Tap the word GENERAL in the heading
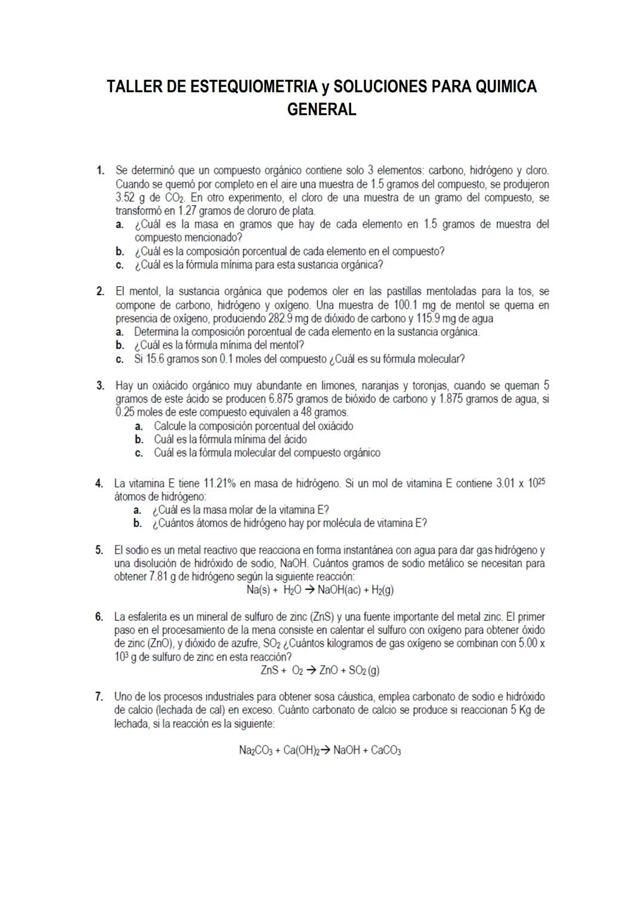[x=321, y=110]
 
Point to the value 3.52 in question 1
[x=125, y=198]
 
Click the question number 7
[x=100, y=697]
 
